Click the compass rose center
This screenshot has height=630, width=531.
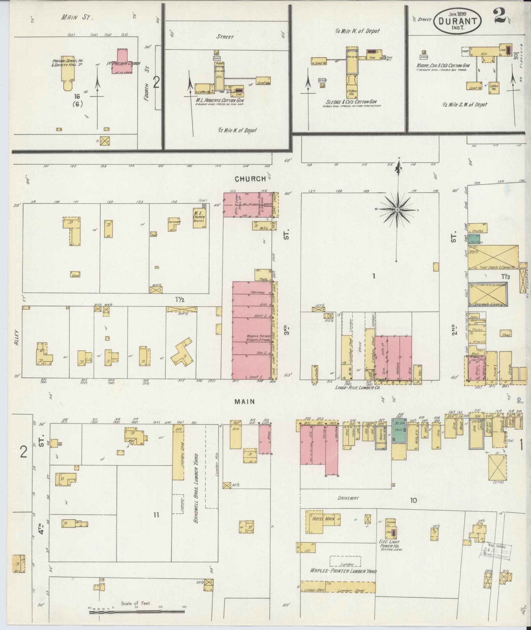(x=397, y=209)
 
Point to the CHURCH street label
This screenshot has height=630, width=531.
(x=250, y=179)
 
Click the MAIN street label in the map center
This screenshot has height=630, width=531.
(x=245, y=401)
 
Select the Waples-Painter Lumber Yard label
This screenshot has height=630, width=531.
(x=343, y=571)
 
